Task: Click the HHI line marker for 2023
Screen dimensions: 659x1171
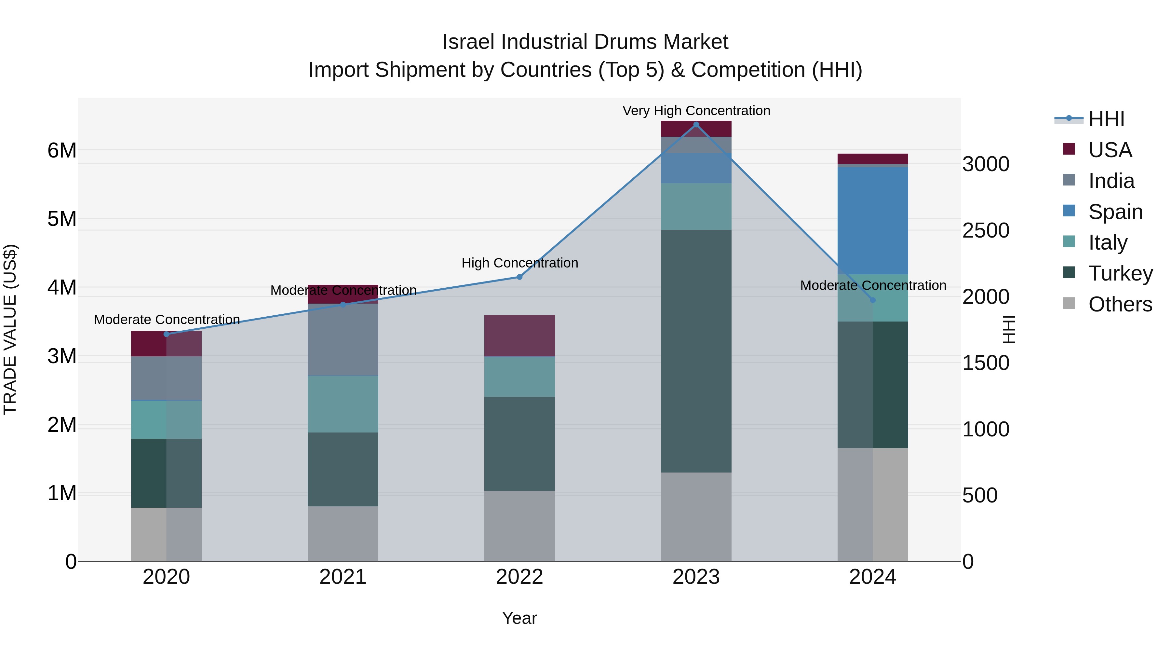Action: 696,125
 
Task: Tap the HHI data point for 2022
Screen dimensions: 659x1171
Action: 519,277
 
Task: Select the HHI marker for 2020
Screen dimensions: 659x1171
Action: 166,334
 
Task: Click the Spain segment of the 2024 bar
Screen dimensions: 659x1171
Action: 872,221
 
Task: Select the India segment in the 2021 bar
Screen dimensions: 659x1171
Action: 343,339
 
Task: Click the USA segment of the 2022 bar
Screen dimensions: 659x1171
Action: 519,336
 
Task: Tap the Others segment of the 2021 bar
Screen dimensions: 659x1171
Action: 343,533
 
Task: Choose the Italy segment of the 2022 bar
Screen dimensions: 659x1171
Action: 519,377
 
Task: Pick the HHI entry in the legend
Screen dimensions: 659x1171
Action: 1106,119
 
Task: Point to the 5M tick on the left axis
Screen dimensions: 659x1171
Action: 62,219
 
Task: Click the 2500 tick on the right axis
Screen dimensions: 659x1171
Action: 986,231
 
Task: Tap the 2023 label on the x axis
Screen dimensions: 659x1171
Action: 696,577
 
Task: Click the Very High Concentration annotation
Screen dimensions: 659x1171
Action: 696,111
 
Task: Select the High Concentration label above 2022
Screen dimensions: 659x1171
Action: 519,263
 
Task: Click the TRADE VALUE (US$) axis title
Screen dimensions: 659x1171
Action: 10,329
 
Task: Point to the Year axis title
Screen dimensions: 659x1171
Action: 519,618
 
